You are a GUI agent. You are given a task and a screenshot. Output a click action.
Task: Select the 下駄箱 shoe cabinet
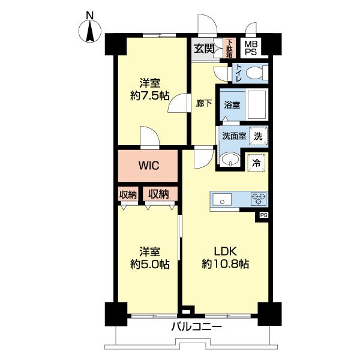pyautogui.click(x=229, y=48)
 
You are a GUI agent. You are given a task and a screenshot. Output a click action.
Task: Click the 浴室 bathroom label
pyautogui.click(x=232, y=104)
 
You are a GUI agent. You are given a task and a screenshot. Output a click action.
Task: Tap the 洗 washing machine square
pyautogui.click(x=257, y=136)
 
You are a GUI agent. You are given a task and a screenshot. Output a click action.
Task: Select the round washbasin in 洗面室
pyautogui.click(x=229, y=160)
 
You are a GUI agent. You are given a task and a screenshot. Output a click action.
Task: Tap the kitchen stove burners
pyautogui.click(x=259, y=199)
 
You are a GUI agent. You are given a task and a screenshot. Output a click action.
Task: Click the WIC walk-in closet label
pyautogui.click(x=148, y=165)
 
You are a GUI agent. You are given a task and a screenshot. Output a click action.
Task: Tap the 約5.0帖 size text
pyautogui.click(x=149, y=264)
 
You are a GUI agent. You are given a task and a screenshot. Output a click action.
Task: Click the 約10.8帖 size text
pyautogui.click(x=226, y=264)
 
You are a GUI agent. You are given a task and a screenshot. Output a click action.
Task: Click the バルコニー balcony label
pyautogui.click(x=197, y=328)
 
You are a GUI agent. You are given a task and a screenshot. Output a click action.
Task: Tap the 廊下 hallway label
pyautogui.click(x=204, y=103)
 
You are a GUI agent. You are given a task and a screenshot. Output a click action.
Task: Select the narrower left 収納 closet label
pyautogui.click(x=128, y=194)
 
